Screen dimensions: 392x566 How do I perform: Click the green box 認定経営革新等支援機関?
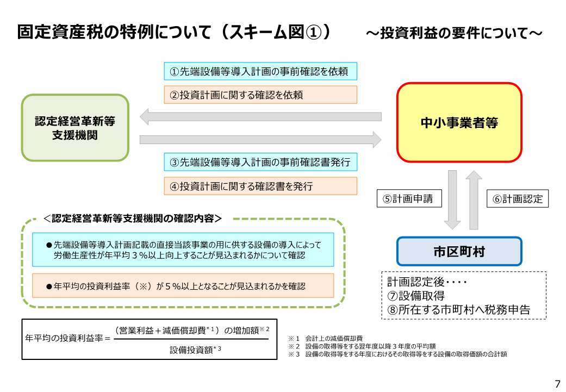tap(75, 128)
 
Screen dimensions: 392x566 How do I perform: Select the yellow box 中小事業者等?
tap(459, 123)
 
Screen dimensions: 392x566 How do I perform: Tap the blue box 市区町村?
tap(459, 251)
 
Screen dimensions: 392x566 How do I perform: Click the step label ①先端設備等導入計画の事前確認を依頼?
tap(260, 71)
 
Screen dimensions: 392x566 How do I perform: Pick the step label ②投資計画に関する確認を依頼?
tap(260, 95)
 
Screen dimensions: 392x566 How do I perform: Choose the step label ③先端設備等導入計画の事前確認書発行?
tap(260, 162)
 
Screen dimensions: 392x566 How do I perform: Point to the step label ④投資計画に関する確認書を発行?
tap(260, 186)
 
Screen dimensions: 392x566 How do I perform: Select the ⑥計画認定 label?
tap(517, 199)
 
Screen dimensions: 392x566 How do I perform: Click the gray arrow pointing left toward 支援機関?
tap(260, 116)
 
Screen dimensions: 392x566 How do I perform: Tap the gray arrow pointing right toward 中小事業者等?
tap(260, 140)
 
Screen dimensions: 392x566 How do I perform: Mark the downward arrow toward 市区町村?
tap(452, 200)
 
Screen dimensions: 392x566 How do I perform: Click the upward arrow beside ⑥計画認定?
tap(474, 200)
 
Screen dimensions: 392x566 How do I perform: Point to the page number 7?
tap(557, 383)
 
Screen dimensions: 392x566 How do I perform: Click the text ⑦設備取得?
tap(416, 296)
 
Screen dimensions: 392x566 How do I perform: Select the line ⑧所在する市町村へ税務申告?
tap(458, 310)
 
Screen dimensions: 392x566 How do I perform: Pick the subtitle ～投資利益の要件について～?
tap(453, 34)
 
